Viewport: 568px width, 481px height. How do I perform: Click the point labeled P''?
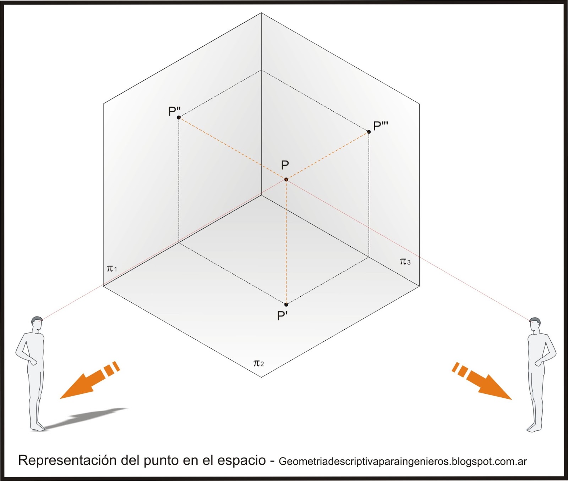(179, 117)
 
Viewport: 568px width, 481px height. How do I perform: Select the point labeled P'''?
(369, 132)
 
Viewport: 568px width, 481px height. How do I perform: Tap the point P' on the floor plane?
(286, 304)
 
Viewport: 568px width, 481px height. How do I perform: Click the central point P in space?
(286, 180)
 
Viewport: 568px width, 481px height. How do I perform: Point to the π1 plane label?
(112, 268)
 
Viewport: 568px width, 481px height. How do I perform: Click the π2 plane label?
(258, 363)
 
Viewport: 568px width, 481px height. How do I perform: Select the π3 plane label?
(405, 262)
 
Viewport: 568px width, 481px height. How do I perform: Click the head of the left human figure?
(37, 323)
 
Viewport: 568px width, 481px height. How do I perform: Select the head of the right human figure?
(535, 324)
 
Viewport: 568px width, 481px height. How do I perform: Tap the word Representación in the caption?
(67, 460)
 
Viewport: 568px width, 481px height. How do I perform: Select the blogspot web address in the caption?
(403, 462)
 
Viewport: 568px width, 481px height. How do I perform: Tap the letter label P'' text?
(174, 111)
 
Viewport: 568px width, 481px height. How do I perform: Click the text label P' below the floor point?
(282, 315)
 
